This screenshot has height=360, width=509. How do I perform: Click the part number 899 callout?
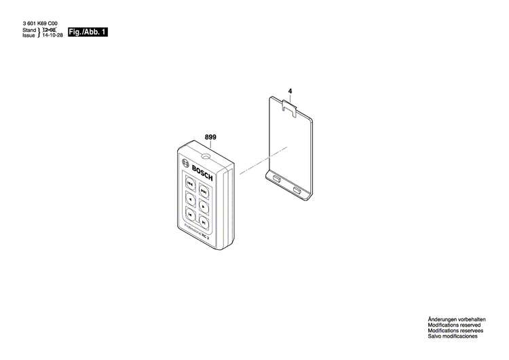(x=210, y=137)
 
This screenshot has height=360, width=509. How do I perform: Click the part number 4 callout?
(x=290, y=90)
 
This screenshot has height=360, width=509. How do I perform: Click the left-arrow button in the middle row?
(x=191, y=199)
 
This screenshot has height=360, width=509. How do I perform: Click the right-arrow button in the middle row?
(x=204, y=204)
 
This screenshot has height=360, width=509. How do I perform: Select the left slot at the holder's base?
(x=277, y=179)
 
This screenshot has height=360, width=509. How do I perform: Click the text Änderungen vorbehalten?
(x=456, y=319)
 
